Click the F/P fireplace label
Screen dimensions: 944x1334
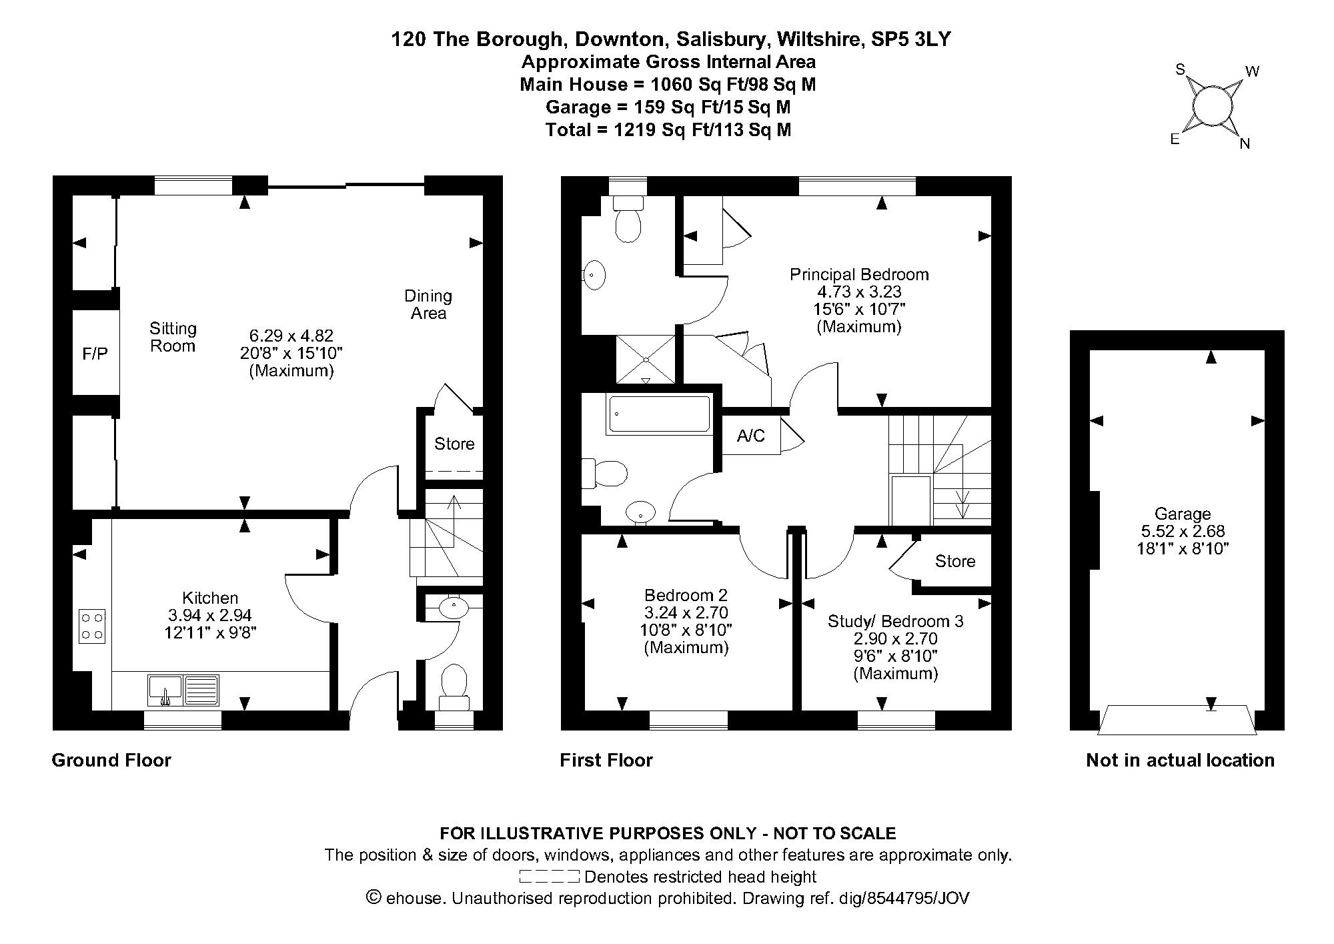95,354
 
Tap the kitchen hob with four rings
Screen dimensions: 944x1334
92,626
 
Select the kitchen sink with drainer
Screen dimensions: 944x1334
183,690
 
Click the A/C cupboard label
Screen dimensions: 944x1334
751,436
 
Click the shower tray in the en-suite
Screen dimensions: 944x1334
645,360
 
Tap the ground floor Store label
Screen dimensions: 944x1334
454,444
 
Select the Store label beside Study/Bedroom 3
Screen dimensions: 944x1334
954,561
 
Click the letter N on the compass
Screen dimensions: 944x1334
1245,144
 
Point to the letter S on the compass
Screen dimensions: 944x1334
1180,69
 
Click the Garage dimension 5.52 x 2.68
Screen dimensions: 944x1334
1182,532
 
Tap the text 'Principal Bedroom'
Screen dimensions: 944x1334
859,274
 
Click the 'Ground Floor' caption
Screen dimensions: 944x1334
111,760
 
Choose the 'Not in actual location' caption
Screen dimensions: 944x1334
1180,760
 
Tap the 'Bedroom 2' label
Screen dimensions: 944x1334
686,594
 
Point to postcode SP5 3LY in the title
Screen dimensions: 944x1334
911,39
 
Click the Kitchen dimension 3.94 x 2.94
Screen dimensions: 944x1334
210,615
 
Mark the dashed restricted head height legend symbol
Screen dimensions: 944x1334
548,876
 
